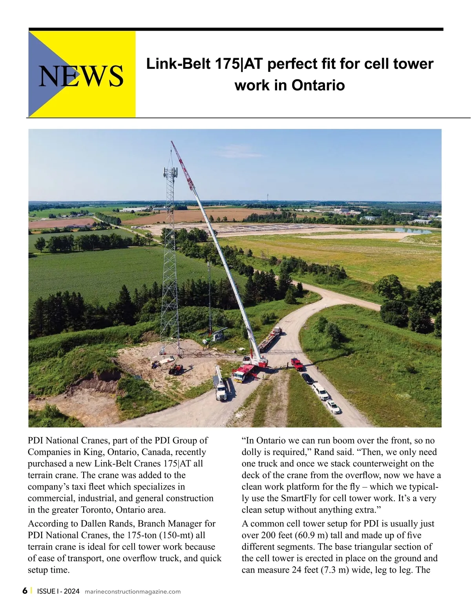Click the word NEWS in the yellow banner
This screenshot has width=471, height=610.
point(81,75)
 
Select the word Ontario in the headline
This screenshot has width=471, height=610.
point(318,85)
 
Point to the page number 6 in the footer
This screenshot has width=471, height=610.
point(25,591)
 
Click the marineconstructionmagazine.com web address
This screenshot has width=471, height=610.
point(133,592)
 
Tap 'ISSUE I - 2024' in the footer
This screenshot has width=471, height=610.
point(58,591)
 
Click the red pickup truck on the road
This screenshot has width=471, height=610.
point(297,364)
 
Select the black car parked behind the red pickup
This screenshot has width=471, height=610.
point(307,378)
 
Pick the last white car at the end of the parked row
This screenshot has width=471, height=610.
point(333,407)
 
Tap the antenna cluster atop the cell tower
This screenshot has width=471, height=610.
point(170,172)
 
